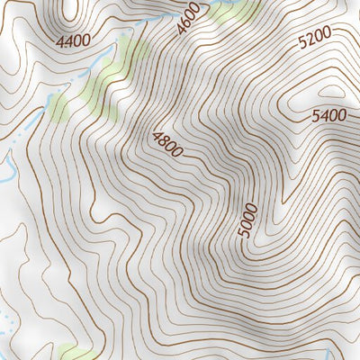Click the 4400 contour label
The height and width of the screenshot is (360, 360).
73,41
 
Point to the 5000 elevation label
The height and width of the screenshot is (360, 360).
248,220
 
